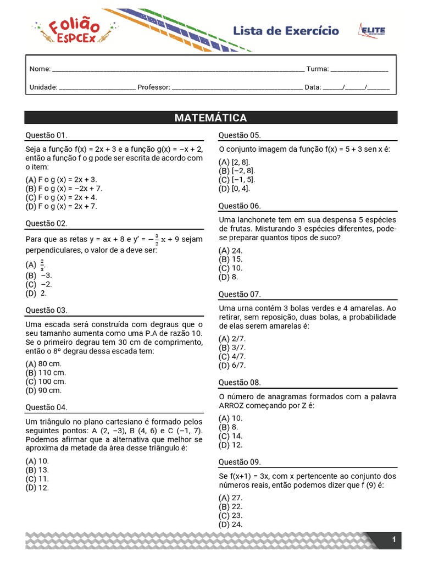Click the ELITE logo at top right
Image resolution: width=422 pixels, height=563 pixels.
click(372, 31)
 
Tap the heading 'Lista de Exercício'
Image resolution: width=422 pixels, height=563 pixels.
click(286, 31)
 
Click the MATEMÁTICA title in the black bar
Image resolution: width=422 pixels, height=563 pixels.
click(210, 118)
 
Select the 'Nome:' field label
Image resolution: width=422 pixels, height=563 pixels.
click(40, 69)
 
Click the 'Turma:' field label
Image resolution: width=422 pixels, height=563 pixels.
click(317, 69)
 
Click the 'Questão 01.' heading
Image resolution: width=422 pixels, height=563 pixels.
click(47, 135)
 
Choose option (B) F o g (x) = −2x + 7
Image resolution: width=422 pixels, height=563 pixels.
click(64, 188)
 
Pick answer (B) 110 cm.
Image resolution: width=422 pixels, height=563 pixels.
click(46, 372)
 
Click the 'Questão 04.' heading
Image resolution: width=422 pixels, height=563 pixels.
click(47, 407)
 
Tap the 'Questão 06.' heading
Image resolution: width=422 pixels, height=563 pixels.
click(240, 206)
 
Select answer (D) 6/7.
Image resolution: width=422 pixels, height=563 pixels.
click(232, 365)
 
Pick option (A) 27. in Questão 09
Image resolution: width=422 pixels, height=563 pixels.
click(230, 498)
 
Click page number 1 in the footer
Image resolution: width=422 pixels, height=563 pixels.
click(394, 540)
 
